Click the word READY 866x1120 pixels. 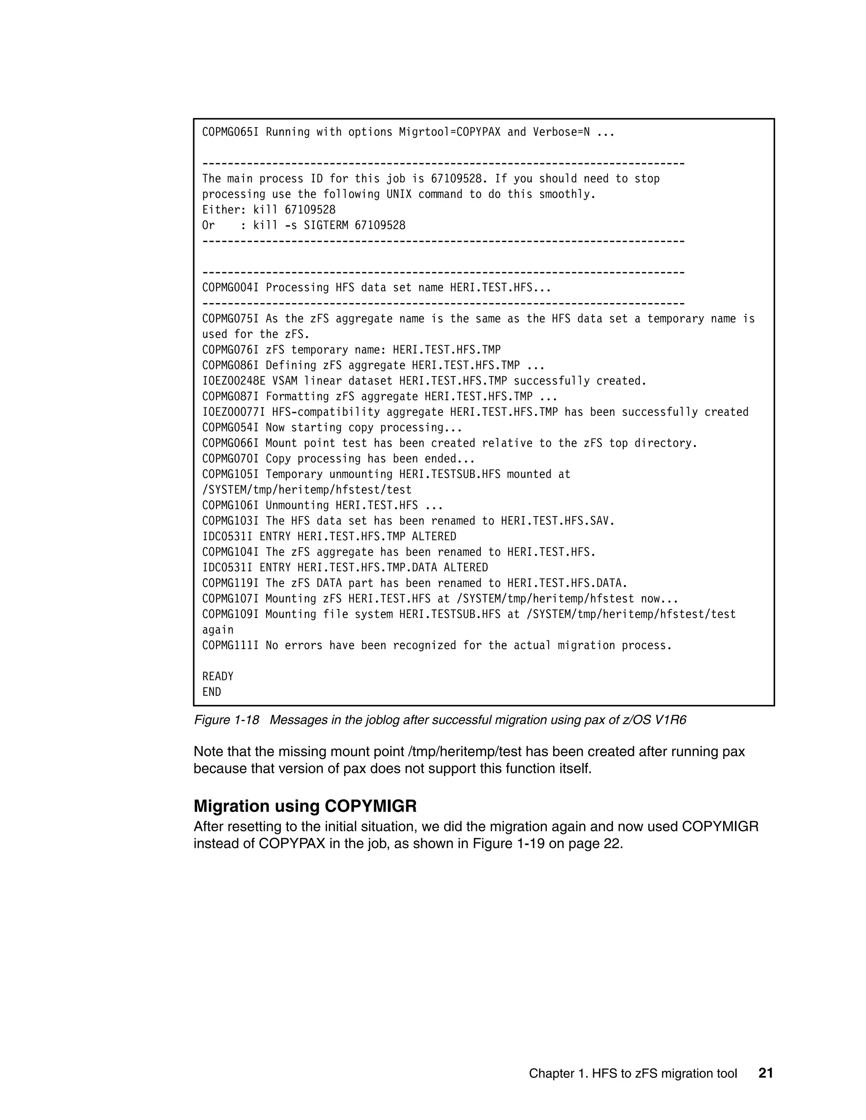pos(217,676)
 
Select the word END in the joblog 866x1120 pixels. pos(211,692)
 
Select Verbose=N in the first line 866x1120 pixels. pos(561,132)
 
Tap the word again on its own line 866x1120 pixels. pos(217,630)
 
